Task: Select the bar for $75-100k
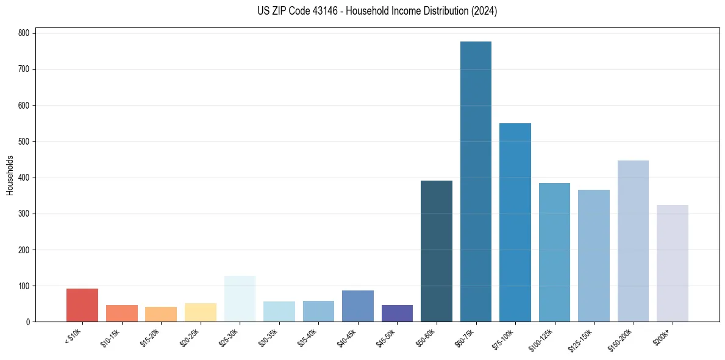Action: pos(515,223)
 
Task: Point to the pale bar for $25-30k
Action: pos(240,299)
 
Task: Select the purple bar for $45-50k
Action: pos(397,314)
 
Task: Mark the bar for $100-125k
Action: pos(554,253)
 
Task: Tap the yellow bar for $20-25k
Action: pos(201,312)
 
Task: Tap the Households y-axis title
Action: pos(10,175)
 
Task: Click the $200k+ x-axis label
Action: pos(666,335)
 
